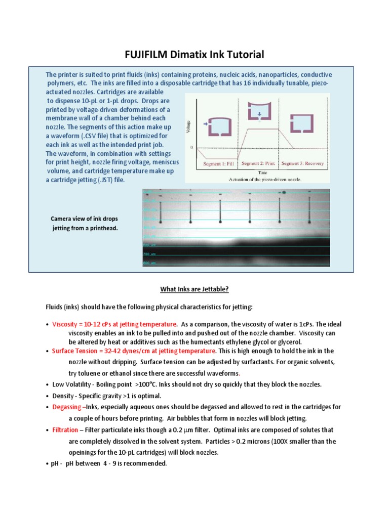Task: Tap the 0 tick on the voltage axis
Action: [191, 147]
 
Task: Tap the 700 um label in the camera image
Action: [150, 254]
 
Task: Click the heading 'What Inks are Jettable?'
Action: [194, 289]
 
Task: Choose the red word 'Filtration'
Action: [65, 429]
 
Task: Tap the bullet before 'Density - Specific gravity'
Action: [47, 396]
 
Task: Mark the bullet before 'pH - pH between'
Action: [47, 464]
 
